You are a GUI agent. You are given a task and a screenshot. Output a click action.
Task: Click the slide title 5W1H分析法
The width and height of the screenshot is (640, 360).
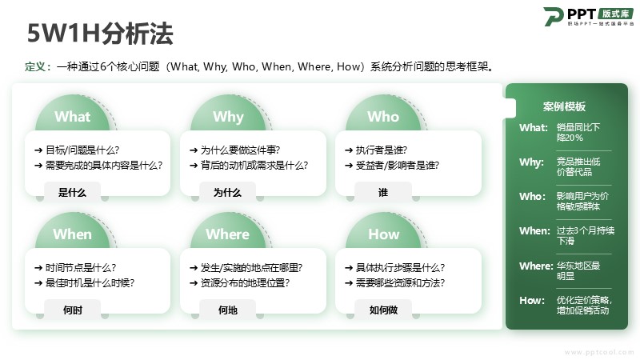[100, 34]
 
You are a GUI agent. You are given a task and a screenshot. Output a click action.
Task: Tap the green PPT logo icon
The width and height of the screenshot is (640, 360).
[553, 17]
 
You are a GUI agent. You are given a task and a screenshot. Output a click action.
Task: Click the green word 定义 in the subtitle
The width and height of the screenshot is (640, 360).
[35, 66]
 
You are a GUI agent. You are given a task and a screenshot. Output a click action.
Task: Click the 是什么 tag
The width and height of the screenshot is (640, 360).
[72, 192]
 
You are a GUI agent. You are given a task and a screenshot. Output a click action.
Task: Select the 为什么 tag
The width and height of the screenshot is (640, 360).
[228, 192]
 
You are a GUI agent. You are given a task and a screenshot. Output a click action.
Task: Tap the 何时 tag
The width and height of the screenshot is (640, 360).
[72, 310]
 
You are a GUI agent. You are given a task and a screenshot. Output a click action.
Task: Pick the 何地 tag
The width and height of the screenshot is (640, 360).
[228, 310]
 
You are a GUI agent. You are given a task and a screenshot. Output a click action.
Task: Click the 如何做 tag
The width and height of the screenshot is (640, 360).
[383, 310]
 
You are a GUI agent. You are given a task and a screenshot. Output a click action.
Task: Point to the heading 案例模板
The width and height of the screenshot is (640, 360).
[564, 106]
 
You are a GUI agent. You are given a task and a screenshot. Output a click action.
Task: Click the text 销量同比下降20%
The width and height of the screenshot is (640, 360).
[578, 132]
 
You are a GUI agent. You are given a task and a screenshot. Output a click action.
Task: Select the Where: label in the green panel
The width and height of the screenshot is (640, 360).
[536, 266]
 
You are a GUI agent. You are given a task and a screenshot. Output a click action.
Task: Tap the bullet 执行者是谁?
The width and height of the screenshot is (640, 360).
[376, 150]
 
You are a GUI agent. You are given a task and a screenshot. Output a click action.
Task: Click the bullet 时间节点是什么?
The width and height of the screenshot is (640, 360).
[75, 268]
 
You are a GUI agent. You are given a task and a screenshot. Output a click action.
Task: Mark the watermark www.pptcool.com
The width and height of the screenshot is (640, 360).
[599, 352]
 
